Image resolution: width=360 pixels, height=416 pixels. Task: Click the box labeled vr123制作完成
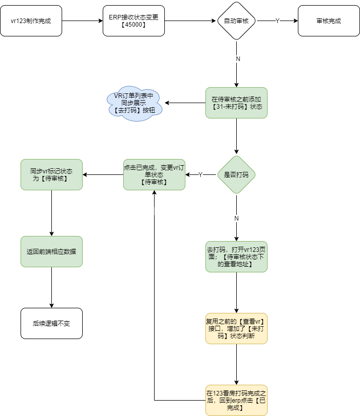coord(31,21)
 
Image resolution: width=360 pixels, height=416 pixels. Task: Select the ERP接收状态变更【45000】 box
coord(134,21)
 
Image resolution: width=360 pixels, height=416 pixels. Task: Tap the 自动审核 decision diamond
coord(236,21)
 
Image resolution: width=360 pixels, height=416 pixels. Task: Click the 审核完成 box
coord(329,21)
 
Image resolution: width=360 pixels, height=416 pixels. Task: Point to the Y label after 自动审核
coord(277,21)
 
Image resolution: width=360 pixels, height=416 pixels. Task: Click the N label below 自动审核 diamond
coord(238,59)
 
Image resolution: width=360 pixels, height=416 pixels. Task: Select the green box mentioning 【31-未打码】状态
coord(236,103)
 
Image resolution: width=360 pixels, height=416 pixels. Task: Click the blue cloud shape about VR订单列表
coord(135,104)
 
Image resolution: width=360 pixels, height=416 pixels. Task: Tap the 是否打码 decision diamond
coord(236,174)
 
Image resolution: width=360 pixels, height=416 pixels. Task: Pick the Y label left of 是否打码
coord(201,174)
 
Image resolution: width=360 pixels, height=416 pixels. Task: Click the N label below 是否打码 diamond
coord(236,219)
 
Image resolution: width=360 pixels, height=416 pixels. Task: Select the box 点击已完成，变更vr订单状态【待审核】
coord(155,174)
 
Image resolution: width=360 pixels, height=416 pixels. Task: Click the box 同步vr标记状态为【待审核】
coord(51,174)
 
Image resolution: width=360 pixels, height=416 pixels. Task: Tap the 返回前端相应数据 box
coord(51,251)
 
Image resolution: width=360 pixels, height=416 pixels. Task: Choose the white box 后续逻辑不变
coord(51,323)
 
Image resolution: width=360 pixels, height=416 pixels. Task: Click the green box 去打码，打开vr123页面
coord(236,256)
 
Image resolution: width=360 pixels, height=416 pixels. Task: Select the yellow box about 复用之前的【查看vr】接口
coord(236,328)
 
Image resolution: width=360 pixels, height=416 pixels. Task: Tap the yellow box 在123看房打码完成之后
coord(236,400)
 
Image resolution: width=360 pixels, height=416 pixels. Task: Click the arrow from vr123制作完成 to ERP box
coord(82,21)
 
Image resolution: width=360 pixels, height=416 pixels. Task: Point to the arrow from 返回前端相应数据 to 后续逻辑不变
coord(51,288)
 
